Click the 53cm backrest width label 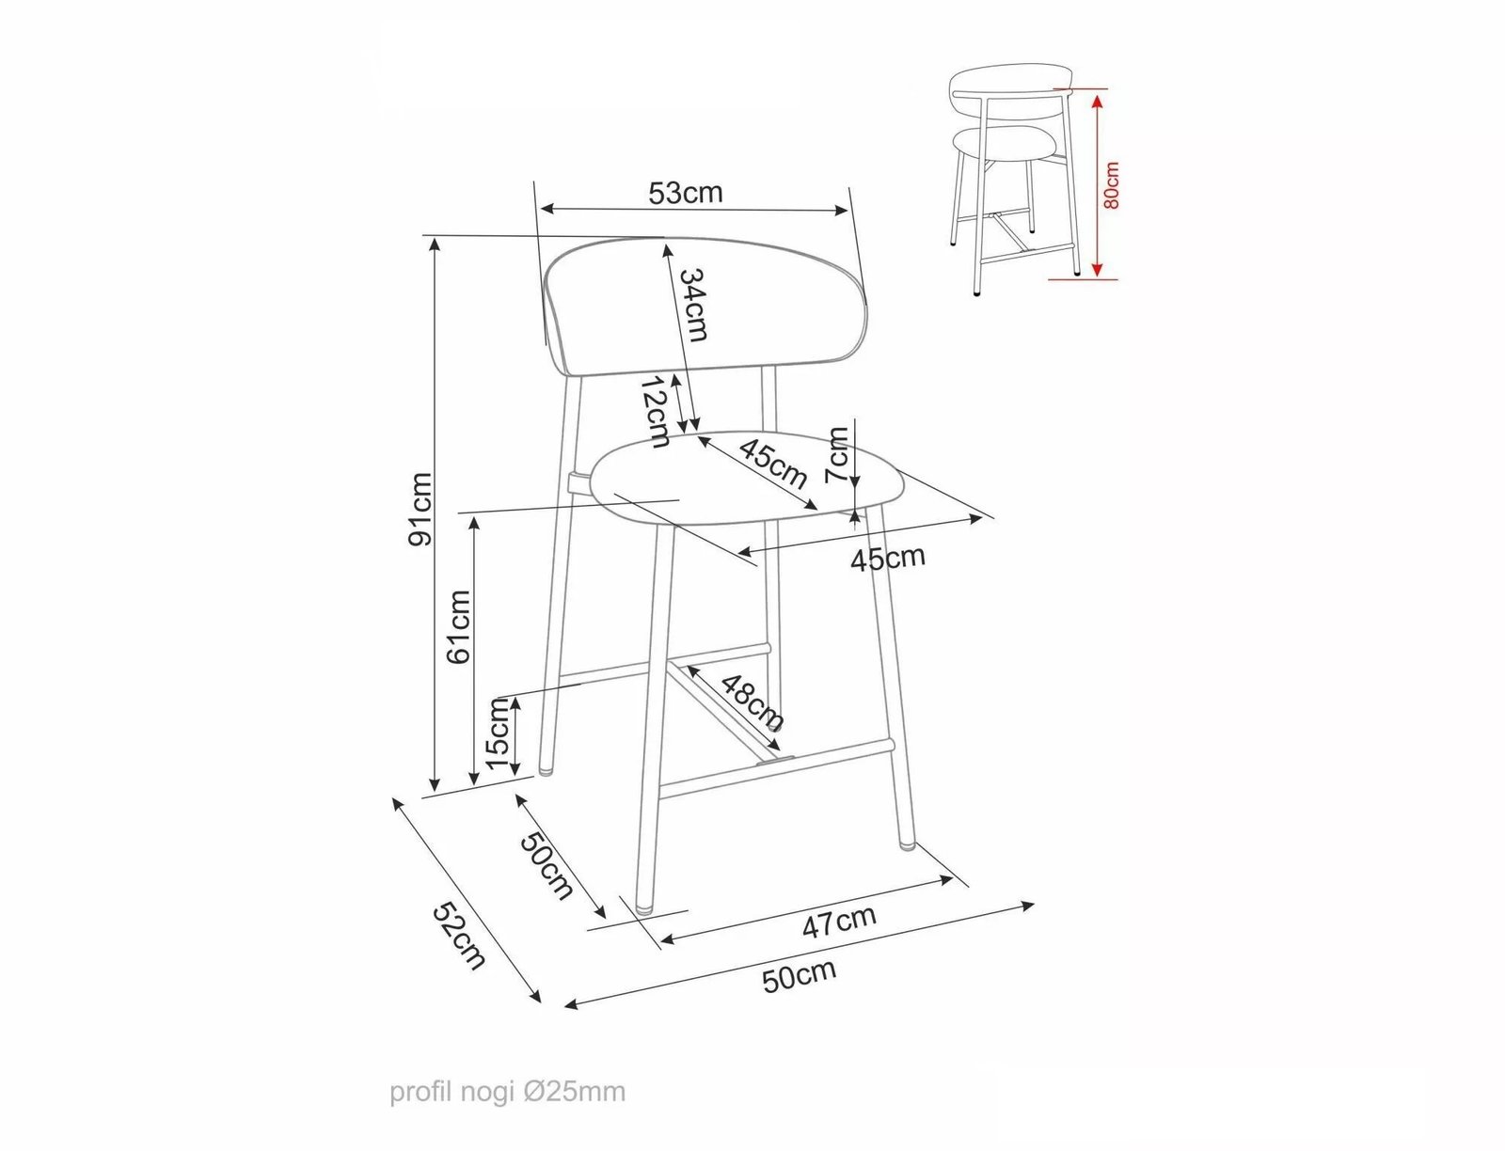point(685,193)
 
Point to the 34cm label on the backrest point(693,305)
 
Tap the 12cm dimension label point(655,412)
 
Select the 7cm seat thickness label point(837,454)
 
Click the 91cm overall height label point(420,510)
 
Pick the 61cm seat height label point(458,626)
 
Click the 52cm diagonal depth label point(459,936)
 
